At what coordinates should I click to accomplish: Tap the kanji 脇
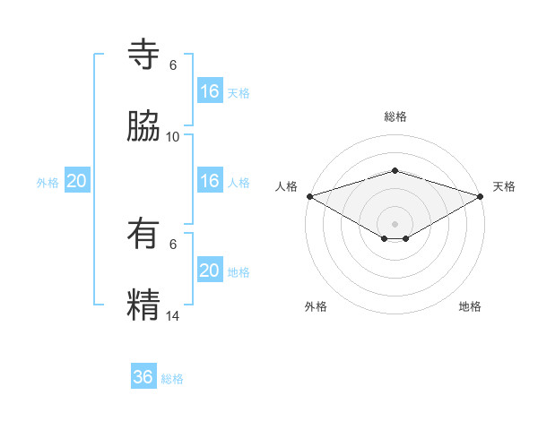tap(143, 127)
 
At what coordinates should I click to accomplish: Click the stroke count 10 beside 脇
tap(173, 137)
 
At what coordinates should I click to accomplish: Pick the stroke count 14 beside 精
tap(173, 315)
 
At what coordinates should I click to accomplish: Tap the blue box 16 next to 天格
tap(210, 91)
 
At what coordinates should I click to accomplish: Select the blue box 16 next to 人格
tap(210, 181)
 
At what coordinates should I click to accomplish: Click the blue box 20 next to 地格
tap(210, 271)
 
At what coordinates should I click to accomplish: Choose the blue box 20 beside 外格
tap(77, 181)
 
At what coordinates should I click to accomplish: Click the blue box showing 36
tap(143, 377)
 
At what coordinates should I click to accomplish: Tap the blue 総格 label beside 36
tap(173, 379)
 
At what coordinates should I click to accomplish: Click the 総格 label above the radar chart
tap(395, 116)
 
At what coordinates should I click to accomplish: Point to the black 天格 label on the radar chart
tap(504, 186)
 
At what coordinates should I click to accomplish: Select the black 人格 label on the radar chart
tap(286, 186)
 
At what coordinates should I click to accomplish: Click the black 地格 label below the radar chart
tap(470, 306)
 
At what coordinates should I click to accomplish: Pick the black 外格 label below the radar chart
tap(316, 306)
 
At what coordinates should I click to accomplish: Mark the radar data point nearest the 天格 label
tap(481, 196)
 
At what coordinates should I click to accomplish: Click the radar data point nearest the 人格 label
tap(309, 196)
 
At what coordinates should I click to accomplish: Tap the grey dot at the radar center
tap(395, 223)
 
